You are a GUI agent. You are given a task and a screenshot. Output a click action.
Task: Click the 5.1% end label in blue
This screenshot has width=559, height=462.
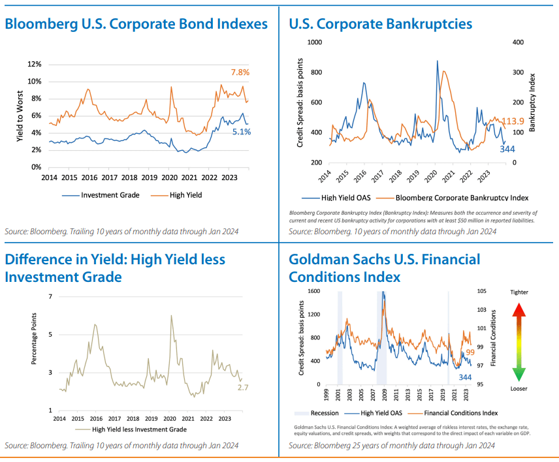pos(240,131)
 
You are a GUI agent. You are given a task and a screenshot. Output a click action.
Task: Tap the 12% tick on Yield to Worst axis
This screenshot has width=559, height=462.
pos(35,64)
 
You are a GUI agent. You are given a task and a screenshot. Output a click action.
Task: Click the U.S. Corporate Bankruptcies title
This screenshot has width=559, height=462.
pos(380,24)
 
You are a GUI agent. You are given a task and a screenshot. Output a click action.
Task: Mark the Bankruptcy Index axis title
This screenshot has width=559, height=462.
pos(533,102)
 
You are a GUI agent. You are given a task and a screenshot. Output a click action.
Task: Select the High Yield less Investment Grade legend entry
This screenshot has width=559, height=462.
pos(139,429)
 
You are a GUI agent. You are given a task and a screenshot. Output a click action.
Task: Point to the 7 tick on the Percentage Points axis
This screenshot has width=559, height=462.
pos(49,297)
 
